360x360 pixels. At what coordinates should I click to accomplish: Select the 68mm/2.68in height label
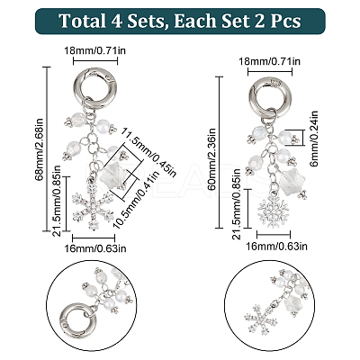pos(40,149)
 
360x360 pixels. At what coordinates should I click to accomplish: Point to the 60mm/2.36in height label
pos(212,159)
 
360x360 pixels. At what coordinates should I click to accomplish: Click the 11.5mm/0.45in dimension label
pos(149,151)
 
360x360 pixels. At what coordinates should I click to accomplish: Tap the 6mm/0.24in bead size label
pos(313,139)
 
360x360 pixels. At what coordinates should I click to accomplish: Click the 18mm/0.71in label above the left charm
pos(95,50)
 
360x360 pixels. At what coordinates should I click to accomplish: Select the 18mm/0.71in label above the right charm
pos(270,61)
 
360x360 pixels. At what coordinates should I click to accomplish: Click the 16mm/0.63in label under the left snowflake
pos(95,248)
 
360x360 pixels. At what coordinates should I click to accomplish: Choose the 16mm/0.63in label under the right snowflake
pos(276,247)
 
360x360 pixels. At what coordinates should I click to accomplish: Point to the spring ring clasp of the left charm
pos(95,87)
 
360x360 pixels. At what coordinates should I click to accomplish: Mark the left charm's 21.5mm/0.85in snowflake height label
pos(57,201)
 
